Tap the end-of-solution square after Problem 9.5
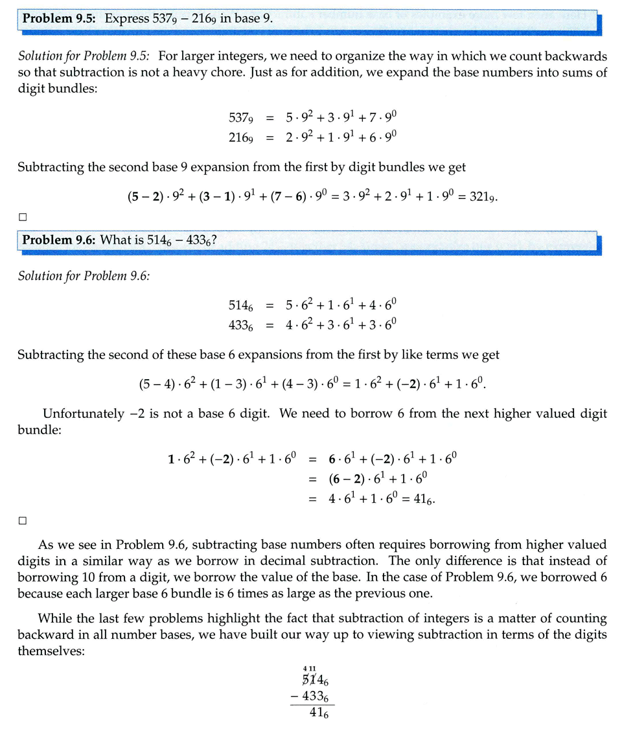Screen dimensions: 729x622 pos(23,216)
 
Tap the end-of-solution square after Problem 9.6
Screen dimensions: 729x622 pos(23,520)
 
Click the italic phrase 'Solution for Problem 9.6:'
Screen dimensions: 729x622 pos(84,276)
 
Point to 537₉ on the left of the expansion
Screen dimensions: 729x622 pos(240,117)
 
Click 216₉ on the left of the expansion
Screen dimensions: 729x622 pos(240,136)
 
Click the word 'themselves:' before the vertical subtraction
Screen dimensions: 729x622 pos(51,650)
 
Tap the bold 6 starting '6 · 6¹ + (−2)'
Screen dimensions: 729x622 pos(332,459)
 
